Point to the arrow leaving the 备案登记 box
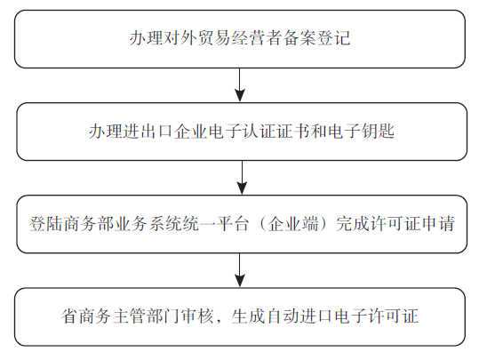(239, 84)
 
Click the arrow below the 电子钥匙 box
(242, 178)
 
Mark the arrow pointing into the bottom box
(239, 270)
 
